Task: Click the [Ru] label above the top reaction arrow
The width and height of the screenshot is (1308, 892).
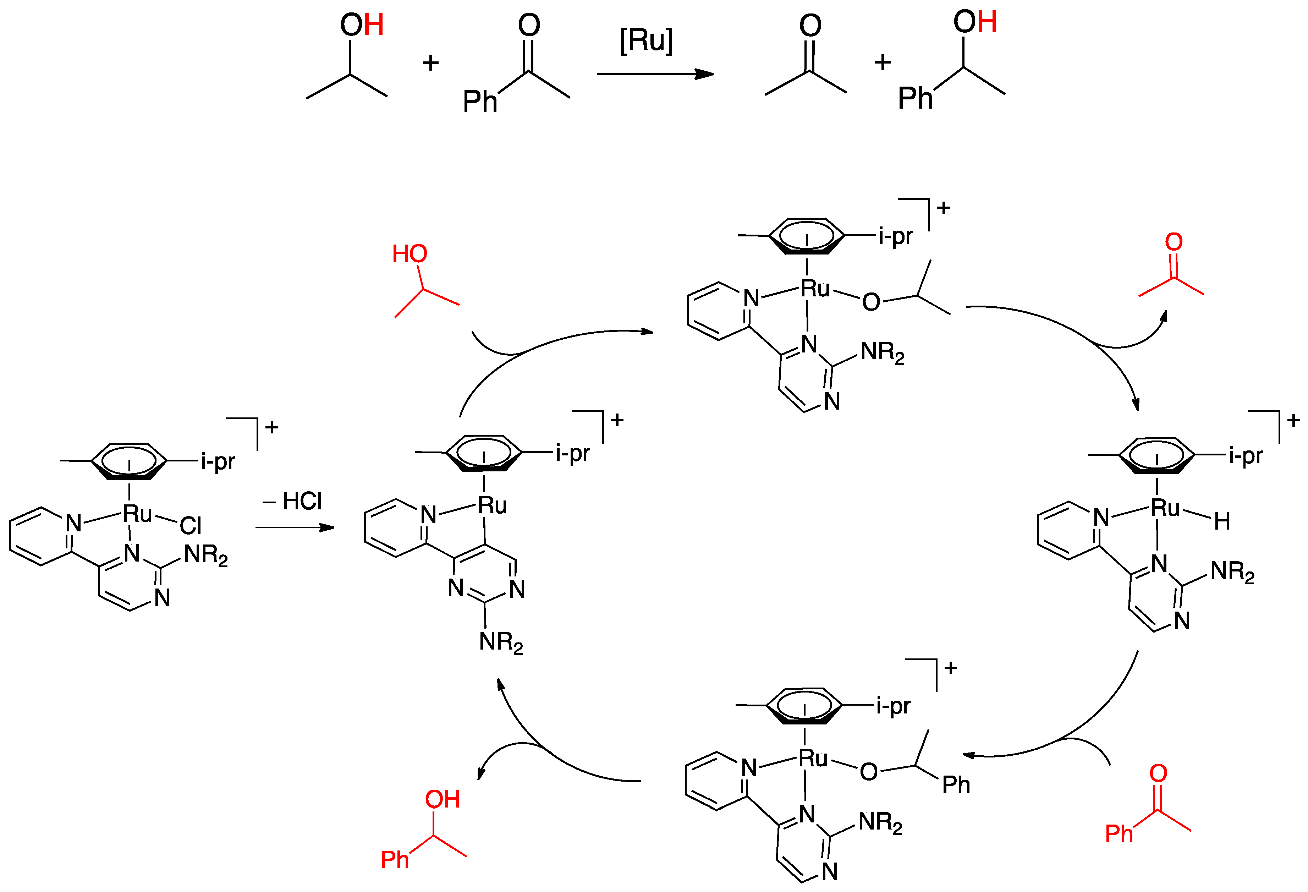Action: coord(646,40)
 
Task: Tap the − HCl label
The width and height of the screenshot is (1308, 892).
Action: coord(293,500)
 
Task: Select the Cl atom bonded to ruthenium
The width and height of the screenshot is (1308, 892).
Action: coord(190,526)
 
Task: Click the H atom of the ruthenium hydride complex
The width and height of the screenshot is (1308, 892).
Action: coord(1221,521)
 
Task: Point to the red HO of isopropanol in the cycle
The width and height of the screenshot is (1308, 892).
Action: coord(409,254)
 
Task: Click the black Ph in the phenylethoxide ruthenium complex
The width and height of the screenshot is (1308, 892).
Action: coord(956,784)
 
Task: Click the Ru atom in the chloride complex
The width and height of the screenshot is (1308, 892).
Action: coord(137,513)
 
